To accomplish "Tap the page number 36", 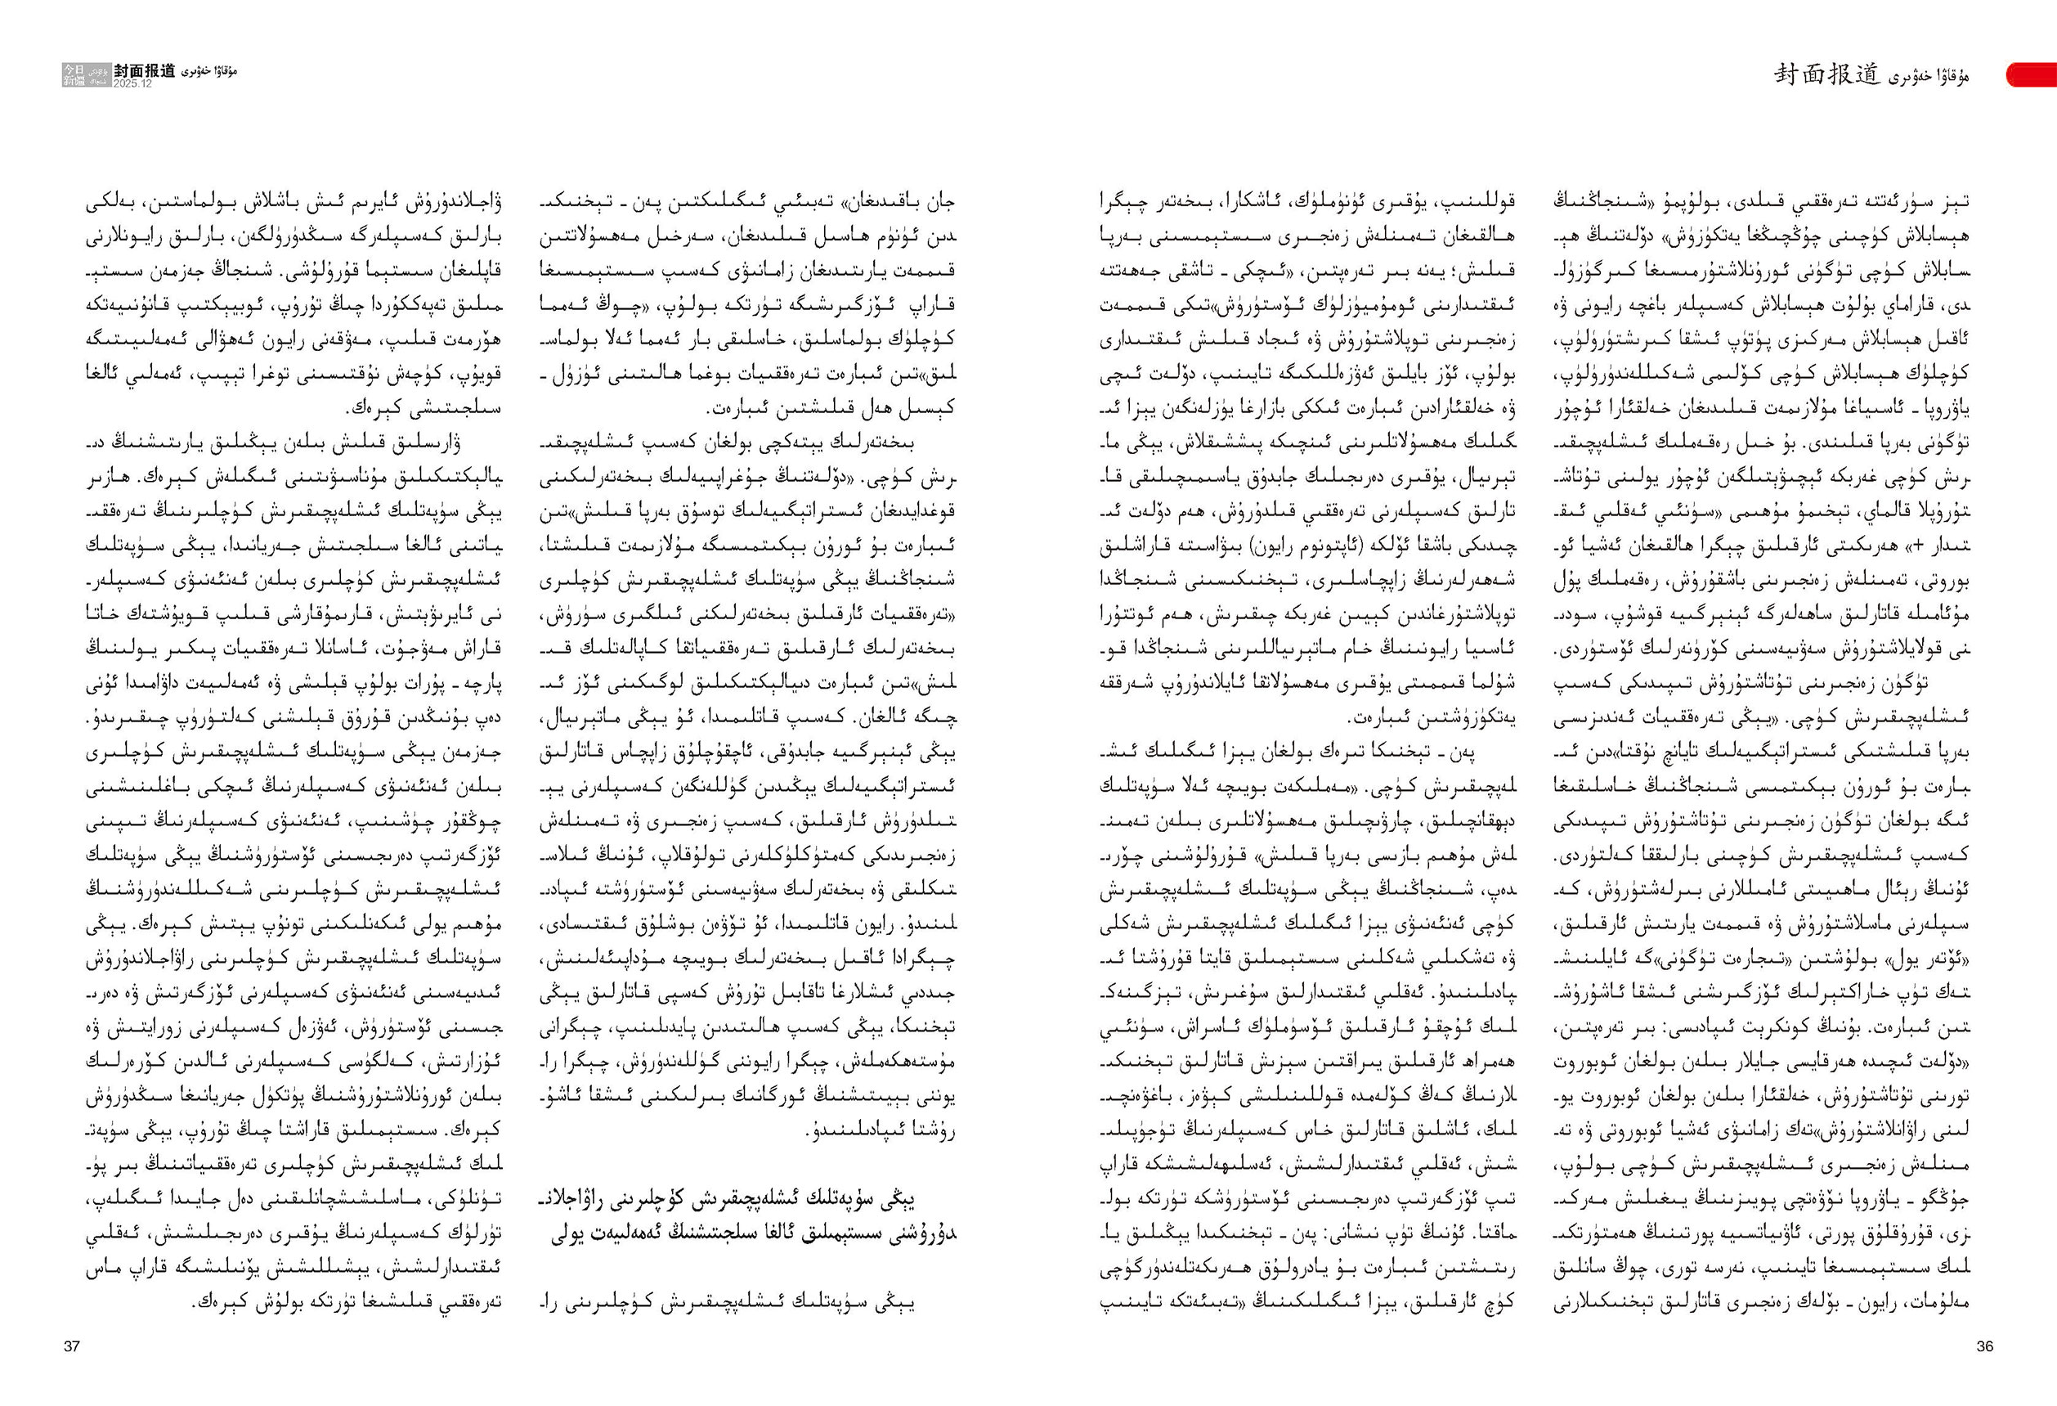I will coord(1984,1346).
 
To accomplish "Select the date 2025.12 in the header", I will coord(132,83).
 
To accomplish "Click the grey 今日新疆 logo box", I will coord(74,74).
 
